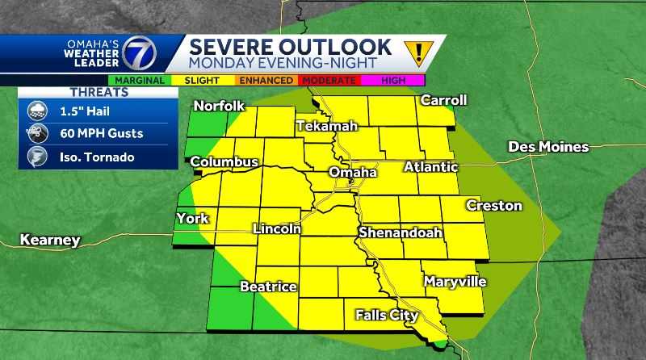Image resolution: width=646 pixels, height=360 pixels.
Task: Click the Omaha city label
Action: click(353, 173)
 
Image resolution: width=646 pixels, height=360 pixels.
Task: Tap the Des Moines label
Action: click(547, 147)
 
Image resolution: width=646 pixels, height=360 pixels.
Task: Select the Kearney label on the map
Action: click(50, 240)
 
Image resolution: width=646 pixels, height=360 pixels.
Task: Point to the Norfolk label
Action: click(217, 106)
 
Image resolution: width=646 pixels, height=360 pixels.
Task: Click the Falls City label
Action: click(386, 315)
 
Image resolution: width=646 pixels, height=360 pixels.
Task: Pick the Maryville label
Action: click(455, 282)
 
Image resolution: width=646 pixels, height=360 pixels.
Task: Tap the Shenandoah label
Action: click(401, 232)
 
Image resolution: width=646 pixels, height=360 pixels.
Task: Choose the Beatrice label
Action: click(269, 287)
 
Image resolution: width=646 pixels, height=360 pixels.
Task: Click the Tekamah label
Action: click(325, 127)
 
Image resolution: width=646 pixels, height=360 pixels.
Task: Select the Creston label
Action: click(493, 206)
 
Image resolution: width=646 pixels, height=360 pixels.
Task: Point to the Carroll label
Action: click(443, 100)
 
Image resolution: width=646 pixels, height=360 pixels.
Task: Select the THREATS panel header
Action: click(98, 92)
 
